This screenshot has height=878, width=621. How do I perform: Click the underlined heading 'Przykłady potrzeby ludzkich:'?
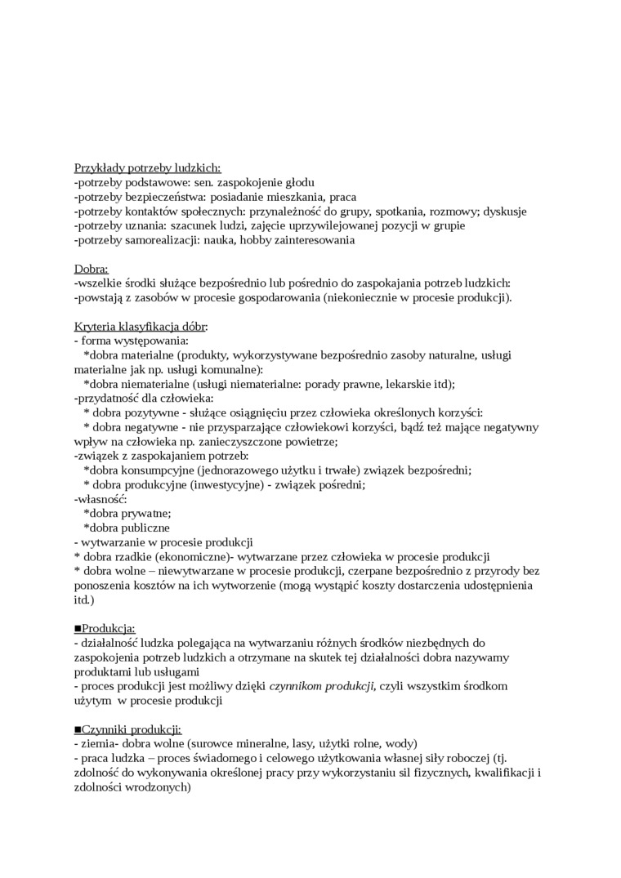click(141, 167)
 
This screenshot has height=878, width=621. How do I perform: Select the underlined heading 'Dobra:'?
click(91, 268)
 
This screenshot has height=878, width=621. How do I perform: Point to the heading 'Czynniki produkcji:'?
click(131, 729)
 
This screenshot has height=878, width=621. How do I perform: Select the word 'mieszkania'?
click(293, 197)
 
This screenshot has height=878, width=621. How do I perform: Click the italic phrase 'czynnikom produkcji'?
click(321, 686)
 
